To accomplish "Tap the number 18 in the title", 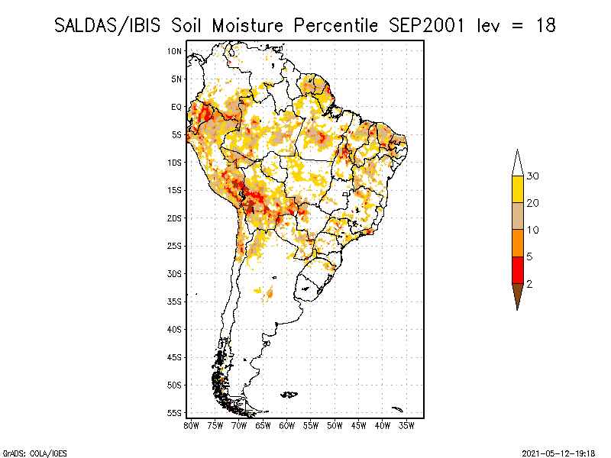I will [545, 25].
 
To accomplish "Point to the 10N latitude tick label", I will [175, 51].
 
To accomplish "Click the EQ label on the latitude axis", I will [176, 107].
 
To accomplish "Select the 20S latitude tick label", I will [175, 218].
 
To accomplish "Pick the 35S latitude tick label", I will [175, 302].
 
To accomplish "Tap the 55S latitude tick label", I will [175, 413].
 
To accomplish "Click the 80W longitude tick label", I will [191, 424].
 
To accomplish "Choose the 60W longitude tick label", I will [287, 424].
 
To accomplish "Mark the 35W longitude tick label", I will [407, 424].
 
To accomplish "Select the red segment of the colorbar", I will [518, 269].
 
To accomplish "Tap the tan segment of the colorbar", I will [518, 216].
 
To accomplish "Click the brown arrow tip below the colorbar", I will [518, 296].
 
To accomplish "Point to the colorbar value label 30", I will [534, 176].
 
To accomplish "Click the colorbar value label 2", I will [530, 284].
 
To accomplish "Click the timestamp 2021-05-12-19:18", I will [559, 453].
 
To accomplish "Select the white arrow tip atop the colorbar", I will [518, 163].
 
